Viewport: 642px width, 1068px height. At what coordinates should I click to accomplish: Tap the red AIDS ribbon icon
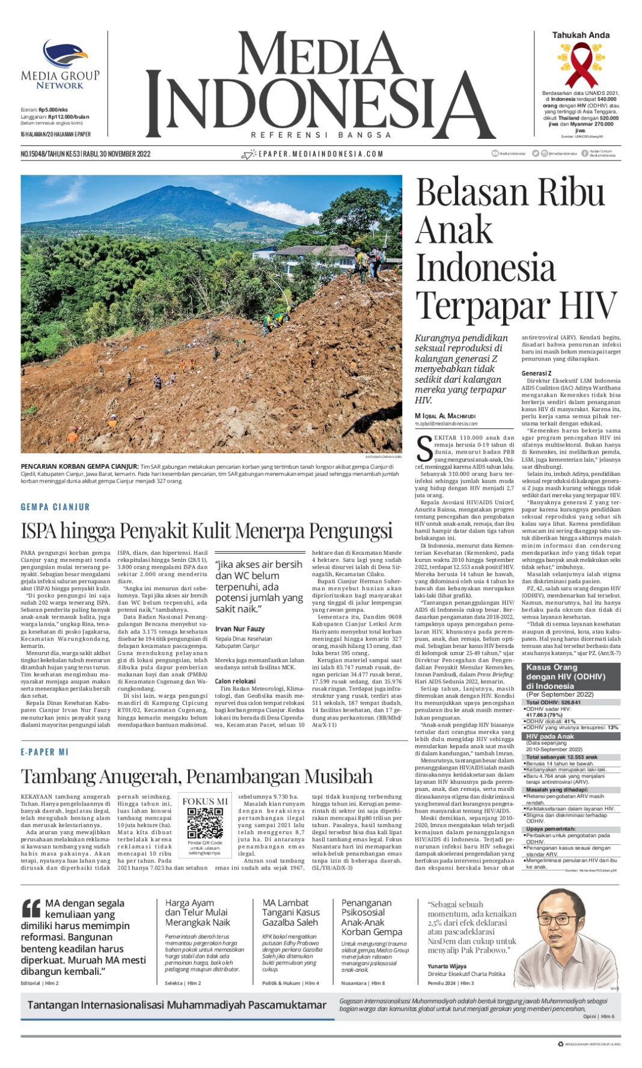tap(579, 64)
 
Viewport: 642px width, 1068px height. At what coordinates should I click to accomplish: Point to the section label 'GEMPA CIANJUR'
tap(55, 507)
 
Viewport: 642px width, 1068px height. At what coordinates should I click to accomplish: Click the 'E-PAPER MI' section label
tap(45, 751)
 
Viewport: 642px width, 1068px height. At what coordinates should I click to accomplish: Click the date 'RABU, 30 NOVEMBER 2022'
tap(117, 154)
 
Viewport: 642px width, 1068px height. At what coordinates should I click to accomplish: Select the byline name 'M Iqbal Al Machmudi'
tap(445, 416)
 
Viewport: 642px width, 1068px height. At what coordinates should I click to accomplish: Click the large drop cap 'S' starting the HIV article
tap(424, 447)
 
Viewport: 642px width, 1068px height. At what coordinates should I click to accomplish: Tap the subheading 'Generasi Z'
tap(536, 373)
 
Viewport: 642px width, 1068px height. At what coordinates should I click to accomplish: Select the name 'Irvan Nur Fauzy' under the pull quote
tap(240, 629)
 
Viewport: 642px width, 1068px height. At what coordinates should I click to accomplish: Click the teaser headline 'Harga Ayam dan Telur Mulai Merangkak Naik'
tap(197, 912)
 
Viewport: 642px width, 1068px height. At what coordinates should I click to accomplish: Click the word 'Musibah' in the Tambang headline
tap(339, 776)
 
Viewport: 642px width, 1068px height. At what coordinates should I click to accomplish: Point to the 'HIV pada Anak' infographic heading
tap(550, 736)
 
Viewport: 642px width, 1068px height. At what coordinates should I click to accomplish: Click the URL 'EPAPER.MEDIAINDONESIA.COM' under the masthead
tap(320, 154)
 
